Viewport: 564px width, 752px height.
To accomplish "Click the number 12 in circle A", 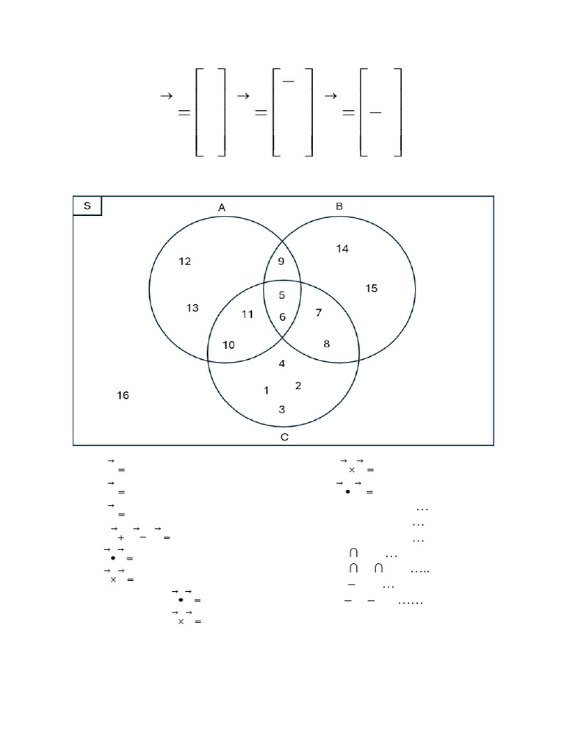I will [184, 261].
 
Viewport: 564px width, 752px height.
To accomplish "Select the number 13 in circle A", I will [192, 308].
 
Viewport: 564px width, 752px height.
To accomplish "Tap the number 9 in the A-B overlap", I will [282, 261].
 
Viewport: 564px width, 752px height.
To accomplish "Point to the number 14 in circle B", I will [342, 248].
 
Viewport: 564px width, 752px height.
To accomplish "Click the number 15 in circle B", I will [372, 289].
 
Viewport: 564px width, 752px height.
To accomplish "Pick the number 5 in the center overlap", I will [282, 296].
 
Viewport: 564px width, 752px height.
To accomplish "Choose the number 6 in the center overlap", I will [282, 317].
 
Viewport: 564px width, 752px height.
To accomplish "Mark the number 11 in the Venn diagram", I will [247, 314].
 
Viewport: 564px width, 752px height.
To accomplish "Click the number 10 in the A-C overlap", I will [228, 345].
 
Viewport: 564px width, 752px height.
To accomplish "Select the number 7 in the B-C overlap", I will [318, 313].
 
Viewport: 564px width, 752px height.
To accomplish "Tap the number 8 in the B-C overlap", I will [326, 343].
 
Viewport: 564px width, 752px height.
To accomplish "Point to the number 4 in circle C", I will [282, 364].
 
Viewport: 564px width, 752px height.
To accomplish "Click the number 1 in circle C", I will [266, 391].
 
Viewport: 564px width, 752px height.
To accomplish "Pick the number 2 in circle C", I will [297, 386].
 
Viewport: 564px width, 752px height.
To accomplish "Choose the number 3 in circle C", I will [282, 410].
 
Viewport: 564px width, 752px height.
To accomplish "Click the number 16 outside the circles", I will [123, 396].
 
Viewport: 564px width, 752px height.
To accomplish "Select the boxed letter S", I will [87, 206].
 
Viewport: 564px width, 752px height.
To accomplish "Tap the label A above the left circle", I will [222, 208].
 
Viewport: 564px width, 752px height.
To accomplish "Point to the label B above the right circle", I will [339, 207].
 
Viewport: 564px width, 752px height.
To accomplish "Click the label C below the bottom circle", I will [284, 438].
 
